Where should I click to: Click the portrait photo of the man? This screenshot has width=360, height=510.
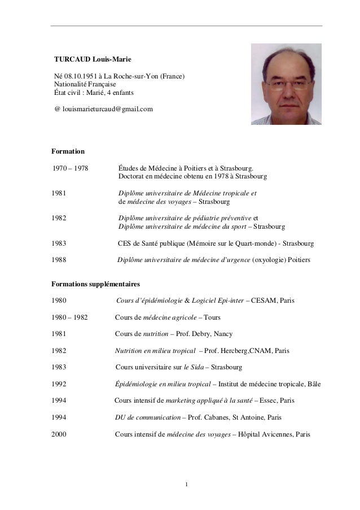pos(286,84)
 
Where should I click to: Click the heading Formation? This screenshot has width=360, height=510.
pos(68,151)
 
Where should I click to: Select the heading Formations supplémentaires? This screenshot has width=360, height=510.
pos(96,283)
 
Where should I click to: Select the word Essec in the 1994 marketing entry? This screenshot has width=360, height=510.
pos(270,401)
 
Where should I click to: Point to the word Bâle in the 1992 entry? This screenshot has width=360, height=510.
pos(313,384)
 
